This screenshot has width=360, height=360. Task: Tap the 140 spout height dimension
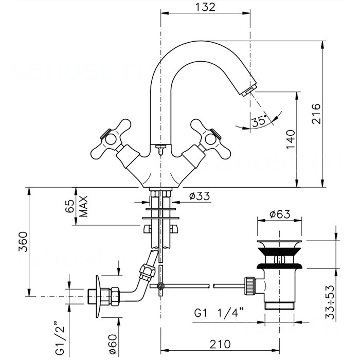(290, 139)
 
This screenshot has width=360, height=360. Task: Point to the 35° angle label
(259, 121)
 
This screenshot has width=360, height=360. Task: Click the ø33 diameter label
(197, 196)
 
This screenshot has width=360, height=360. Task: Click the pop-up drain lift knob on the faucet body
(160, 149)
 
